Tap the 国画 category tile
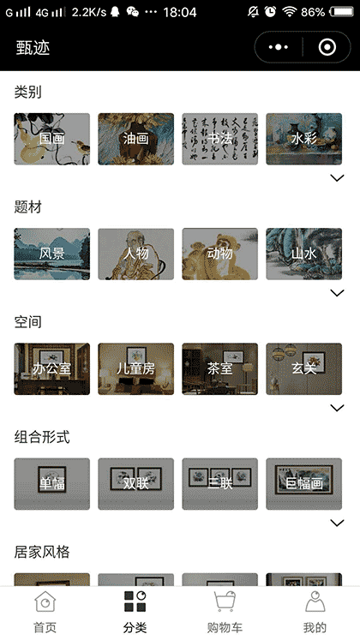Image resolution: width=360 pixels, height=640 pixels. (x=51, y=139)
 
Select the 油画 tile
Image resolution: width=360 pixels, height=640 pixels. (x=135, y=139)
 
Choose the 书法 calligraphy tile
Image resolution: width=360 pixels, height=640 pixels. (x=219, y=139)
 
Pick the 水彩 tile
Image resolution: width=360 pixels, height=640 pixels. (x=303, y=139)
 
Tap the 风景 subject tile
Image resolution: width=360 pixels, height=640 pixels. (x=51, y=254)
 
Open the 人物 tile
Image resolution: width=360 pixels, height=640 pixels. (x=135, y=254)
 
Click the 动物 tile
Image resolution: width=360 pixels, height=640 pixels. (x=219, y=254)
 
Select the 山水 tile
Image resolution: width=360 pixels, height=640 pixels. (x=303, y=254)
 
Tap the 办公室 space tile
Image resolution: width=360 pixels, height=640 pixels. (x=51, y=368)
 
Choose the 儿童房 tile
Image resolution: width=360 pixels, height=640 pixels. (x=135, y=368)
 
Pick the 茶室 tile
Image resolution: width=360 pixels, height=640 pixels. (x=219, y=368)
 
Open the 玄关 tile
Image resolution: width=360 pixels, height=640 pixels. (x=303, y=368)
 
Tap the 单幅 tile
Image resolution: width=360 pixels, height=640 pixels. (x=51, y=483)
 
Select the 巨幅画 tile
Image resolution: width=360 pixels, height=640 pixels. (x=303, y=483)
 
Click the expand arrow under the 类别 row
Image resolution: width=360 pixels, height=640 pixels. (x=337, y=178)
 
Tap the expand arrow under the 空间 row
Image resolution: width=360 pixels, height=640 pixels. (x=337, y=408)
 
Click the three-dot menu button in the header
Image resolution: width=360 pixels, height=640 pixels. (x=279, y=48)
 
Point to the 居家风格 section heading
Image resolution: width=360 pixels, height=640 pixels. (x=42, y=552)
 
